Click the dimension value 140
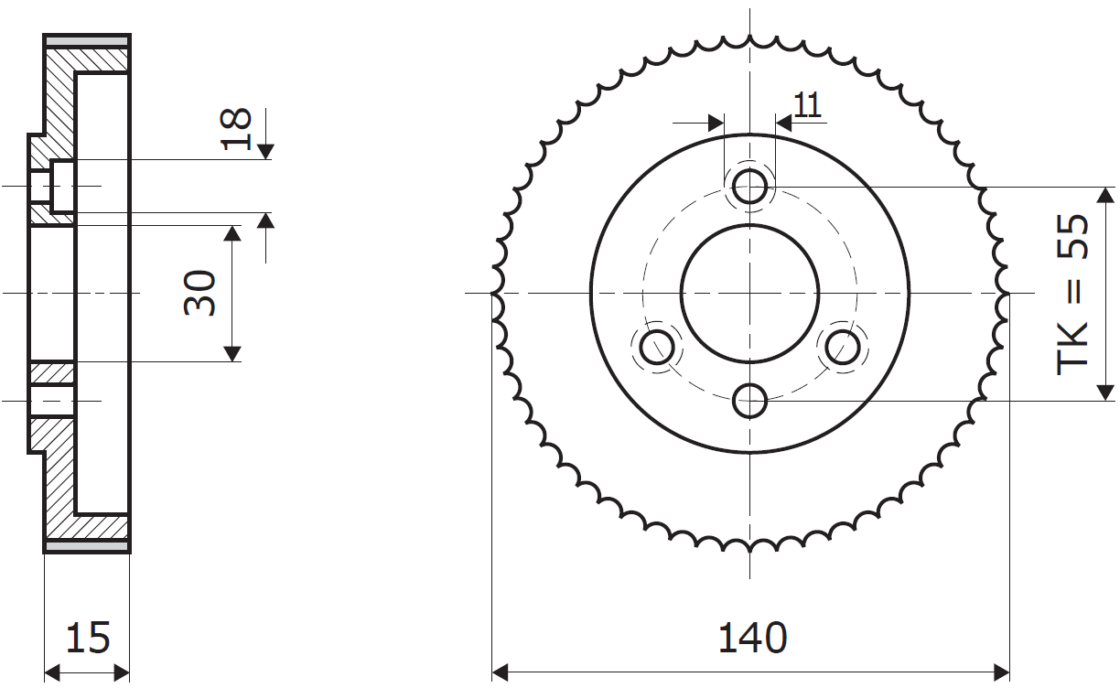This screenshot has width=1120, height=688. tap(752, 638)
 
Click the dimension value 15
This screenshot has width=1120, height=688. tap(88, 638)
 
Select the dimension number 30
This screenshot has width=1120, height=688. tap(200, 293)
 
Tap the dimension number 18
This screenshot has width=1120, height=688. tap(235, 129)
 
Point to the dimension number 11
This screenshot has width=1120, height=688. tap(807, 105)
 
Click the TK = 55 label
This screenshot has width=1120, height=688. tap(1072, 295)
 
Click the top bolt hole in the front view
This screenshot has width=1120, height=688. tap(749, 187)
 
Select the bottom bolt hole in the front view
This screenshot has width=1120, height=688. tap(749, 401)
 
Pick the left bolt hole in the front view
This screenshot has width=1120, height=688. tap(657, 347)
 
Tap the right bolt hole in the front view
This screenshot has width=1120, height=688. tap(843, 347)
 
